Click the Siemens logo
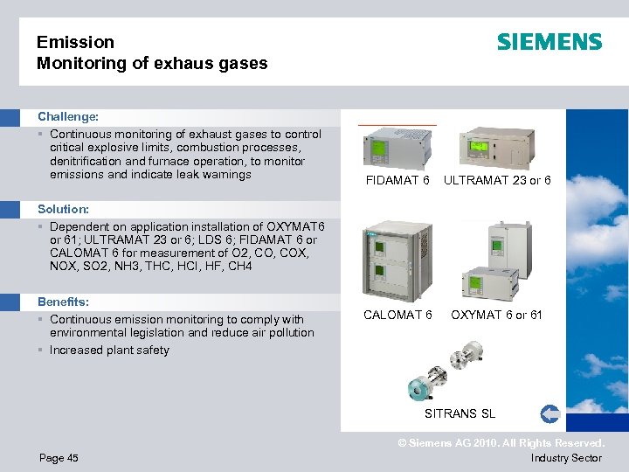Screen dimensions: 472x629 click(550, 42)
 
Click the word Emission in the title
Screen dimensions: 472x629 click(76, 42)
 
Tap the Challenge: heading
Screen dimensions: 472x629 click(68, 115)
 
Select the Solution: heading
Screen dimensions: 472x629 click(64, 209)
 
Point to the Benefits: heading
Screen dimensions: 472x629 click(64, 302)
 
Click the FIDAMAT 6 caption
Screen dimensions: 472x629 click(397, 181)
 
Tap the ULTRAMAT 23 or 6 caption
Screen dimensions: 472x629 click(497, 181)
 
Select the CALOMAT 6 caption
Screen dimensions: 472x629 click(397, 315)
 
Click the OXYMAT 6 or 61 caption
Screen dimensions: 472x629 click(496, 315)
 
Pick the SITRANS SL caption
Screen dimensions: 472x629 click(460, 413)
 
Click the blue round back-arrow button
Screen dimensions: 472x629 click(550, 413)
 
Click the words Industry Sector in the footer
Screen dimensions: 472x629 click(566, 458)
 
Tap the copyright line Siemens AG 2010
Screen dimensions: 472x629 click(501, 443)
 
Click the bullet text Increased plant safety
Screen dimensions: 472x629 click(109, 351)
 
